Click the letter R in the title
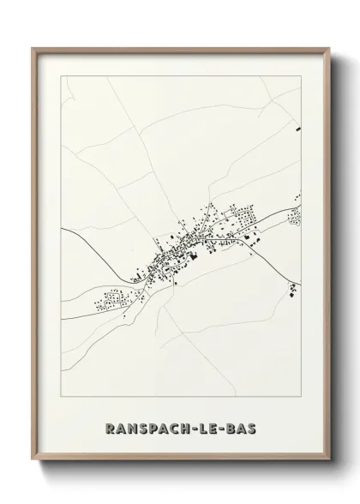click(106, 427)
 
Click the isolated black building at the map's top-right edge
click(298, 129)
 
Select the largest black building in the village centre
click(194, 252)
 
